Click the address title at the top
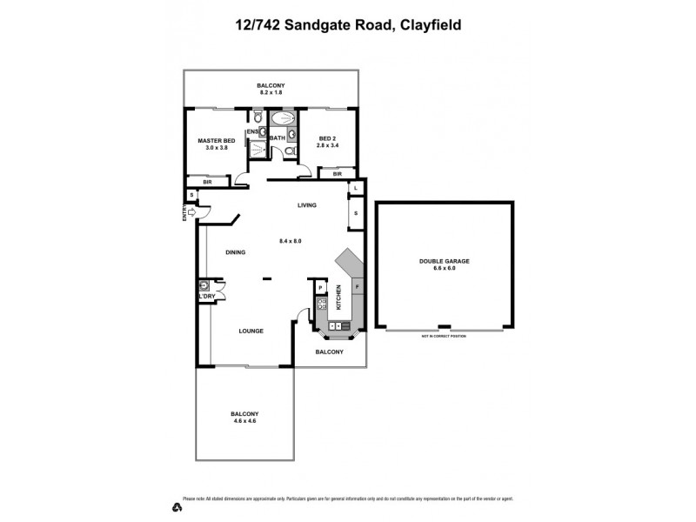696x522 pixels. [348, 25]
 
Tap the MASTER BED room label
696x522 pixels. [216, 140]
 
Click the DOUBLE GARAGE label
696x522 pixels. [445, 261]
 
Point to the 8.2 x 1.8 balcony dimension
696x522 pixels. [271, 92]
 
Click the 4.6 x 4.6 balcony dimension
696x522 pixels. [244, 421]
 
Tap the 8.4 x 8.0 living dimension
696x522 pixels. [290, 240]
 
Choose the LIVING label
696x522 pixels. [306, 205]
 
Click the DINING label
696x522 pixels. [235, 252]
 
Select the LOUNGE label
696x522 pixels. [251, 331]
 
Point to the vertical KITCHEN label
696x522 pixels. [338, 306]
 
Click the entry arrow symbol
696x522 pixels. [192, 211]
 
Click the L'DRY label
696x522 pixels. [207, 297]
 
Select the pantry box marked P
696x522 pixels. [320, 287]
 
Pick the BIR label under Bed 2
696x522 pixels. [336, 174]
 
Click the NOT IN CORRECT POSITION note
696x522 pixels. [444, 335]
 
